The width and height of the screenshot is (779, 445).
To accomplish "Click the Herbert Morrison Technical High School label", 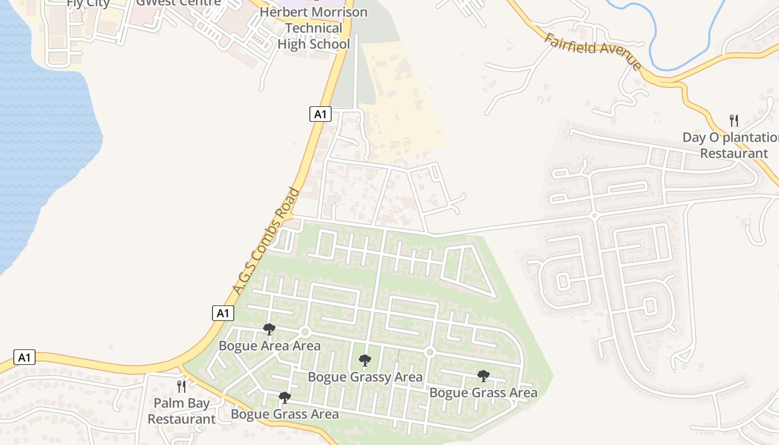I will pyautogui.click(x=314, y=28).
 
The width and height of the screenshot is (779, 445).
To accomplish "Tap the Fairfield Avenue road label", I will pyautogui.click(x=593, y=51).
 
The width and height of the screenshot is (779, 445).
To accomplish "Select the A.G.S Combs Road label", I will pyautogui.click(x=267, y=241).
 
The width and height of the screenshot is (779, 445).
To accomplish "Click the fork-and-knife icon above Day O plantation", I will pyautogui.click(x=734, y=120).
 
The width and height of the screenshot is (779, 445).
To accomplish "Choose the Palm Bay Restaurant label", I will pyautogui.click(x=181, y=411).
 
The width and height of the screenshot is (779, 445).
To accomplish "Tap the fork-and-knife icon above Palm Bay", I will pyautogui.click(x=181, y=386).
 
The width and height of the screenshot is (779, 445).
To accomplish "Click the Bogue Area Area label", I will pyautogui.click(x=269, y=346).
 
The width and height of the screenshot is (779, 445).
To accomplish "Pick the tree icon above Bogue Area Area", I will pyautogui.click(x=269, y=329).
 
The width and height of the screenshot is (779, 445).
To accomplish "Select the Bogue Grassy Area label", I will pyautogui.click(x=365, y=377).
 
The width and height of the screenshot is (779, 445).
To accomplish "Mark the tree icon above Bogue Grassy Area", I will pyautogui.click(x=365, y=360).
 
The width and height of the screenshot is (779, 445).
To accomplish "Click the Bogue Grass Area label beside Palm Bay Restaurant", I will pyautogui.click(x=284, y=414).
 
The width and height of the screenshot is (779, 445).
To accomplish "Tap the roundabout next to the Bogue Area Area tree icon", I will pyautogui.click(x=304, y=332).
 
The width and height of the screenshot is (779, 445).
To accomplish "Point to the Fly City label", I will pyautogui.click(x=88, y=3).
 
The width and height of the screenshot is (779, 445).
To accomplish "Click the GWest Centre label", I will pyautogui.click(x=179, y=3).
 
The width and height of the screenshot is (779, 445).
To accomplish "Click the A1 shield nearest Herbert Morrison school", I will pyautogui.click(x=320, y=115).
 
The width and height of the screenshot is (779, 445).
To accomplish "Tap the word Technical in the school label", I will pyautogui.click(x=314, y=28).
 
